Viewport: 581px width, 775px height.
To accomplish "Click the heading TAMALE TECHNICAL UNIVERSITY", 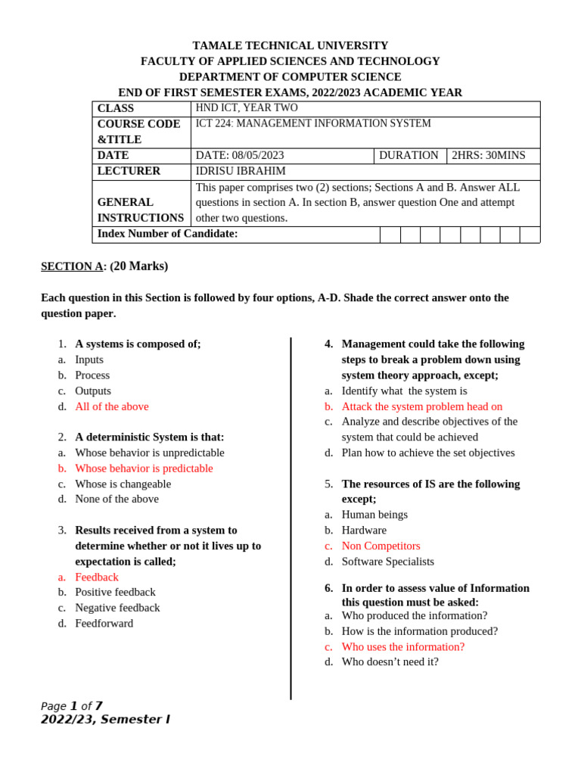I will coord(290,45).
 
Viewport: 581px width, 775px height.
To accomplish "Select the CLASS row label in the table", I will coord(116,108).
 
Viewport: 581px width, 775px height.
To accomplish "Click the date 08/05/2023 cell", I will coord(240,155).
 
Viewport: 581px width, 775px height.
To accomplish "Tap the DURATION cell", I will coord(409,155).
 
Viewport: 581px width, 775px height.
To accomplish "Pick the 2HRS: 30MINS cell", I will coord(488,155).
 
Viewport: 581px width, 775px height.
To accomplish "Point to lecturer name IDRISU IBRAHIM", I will coord(241,171).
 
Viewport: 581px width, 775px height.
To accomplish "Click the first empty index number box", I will coord(390,235).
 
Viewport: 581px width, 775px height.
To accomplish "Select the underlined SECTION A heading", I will coord(71,266).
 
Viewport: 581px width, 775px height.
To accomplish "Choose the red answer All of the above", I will coord(112,406).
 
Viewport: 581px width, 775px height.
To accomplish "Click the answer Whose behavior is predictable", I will coord(144,468).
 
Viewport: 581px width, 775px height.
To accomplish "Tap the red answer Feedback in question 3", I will coord(97,577).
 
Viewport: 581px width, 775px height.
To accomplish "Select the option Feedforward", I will coord(104,624).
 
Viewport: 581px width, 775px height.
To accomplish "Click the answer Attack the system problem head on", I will coord(422,406).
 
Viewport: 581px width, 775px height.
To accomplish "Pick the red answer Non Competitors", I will coord(381,546).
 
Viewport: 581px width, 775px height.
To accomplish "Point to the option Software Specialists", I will coord(388,562).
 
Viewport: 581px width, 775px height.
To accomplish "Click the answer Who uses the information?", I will coord(403,646).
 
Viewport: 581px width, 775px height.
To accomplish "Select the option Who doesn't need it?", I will coord(390,661).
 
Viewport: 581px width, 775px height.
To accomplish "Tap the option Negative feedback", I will coord(117,608).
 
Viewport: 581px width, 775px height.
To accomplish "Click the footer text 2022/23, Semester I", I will coord(105,719).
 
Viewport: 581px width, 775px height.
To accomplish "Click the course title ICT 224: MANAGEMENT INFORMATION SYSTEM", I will coord(313,123).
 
